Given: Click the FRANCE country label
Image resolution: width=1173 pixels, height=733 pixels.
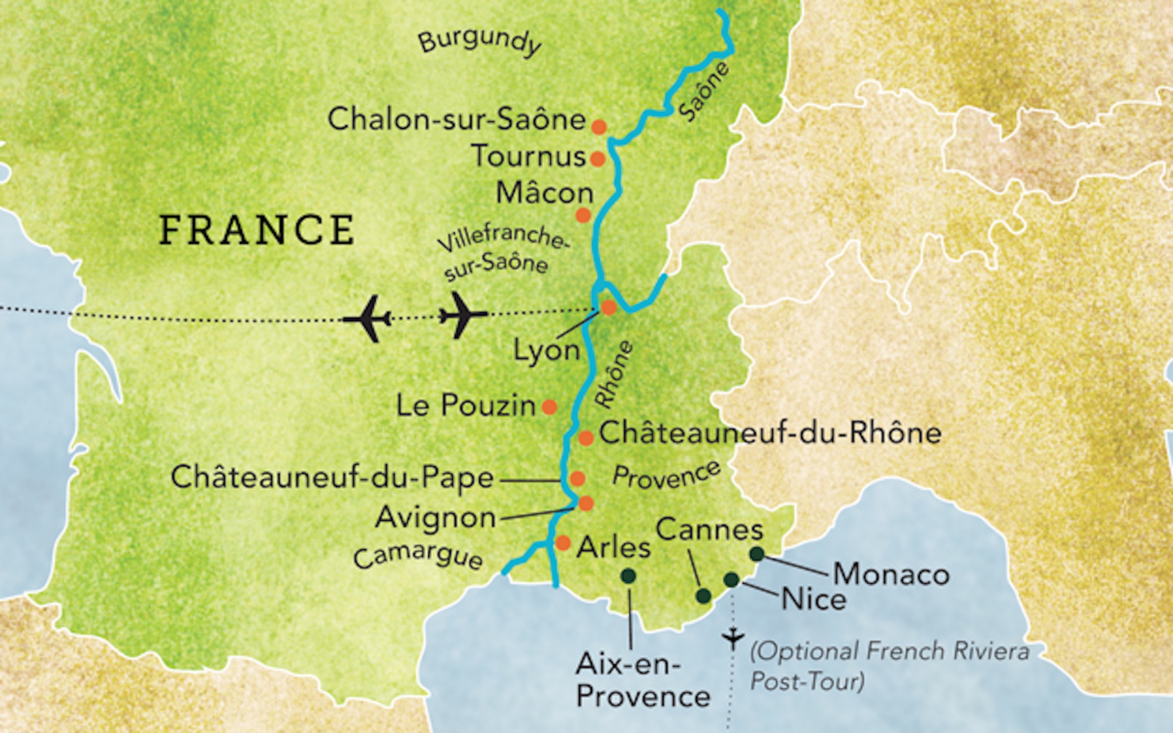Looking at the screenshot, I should [257, 230].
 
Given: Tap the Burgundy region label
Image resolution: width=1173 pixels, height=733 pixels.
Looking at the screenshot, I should [479, 42].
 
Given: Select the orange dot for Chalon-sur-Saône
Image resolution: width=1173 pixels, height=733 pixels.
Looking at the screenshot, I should [599, 127].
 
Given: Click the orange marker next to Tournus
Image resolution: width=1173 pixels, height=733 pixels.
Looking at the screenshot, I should [598, 159].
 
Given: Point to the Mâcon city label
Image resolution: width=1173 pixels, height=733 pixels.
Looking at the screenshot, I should [545, 193].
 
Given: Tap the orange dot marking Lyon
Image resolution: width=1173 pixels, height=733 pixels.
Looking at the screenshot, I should [608, 307].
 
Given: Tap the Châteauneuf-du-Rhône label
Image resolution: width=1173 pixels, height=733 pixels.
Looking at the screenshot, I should [770, 433].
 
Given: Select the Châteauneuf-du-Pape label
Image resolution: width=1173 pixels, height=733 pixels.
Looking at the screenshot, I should [332, 478].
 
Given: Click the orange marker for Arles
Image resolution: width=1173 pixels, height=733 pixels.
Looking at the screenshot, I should [563, 543].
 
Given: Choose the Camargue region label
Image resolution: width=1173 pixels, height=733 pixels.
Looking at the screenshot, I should [418, 557].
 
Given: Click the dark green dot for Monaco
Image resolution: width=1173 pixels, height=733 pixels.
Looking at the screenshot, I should [757, 554].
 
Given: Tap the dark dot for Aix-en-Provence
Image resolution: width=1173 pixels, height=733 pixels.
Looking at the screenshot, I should [629, 576].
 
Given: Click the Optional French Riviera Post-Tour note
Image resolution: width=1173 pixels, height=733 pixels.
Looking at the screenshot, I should [889, 665].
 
